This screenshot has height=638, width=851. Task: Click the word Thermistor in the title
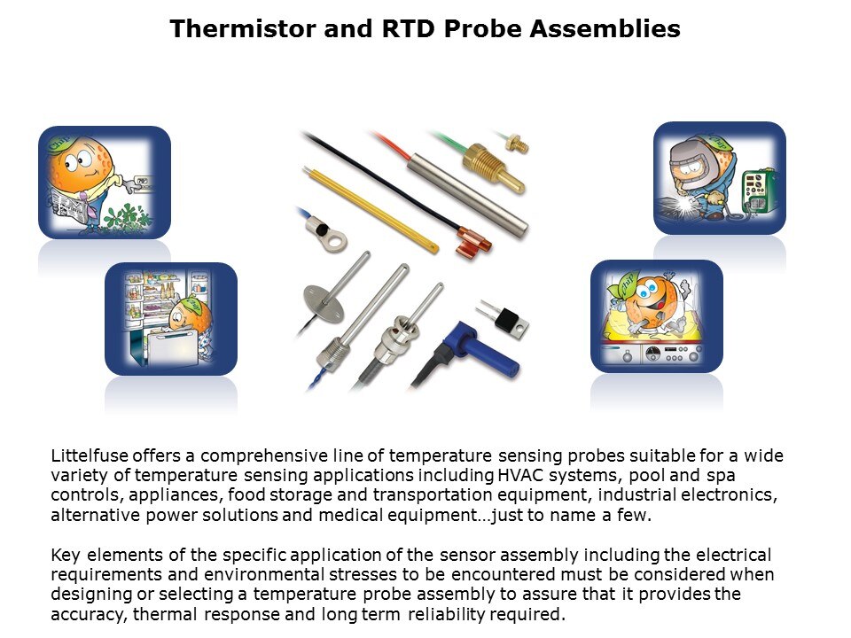pyautogui.click(x=243, y=28)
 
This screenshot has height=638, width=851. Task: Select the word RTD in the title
pyautogui.click(x=408, y=28)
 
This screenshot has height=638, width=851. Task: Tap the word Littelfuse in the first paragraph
pyautogui.click(x=90, y=455)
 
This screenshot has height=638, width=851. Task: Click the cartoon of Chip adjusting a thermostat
pyautogui.click(x=105, y=183)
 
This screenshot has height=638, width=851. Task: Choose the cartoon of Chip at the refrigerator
pyautogui.click(x=171, y=319)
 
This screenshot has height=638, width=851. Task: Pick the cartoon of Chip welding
pyautogui.click(x=720, y=178)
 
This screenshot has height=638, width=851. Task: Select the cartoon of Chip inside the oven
pyautogui.click(x=657, y=316)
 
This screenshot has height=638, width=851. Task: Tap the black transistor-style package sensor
pyautogui.click(x=504, y=318)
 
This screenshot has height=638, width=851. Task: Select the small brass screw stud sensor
pyautogui.click(x=516, y=142)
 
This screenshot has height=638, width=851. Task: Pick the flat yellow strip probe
pyautogui.click(x=371, y=211)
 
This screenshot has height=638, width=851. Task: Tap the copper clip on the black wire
pyautogui.click(x=473, y=242)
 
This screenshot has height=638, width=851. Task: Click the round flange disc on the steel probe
pyautogui.click(x=324, y=302)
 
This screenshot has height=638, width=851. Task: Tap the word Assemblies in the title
pyautogui.click(x=605, y=28)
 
